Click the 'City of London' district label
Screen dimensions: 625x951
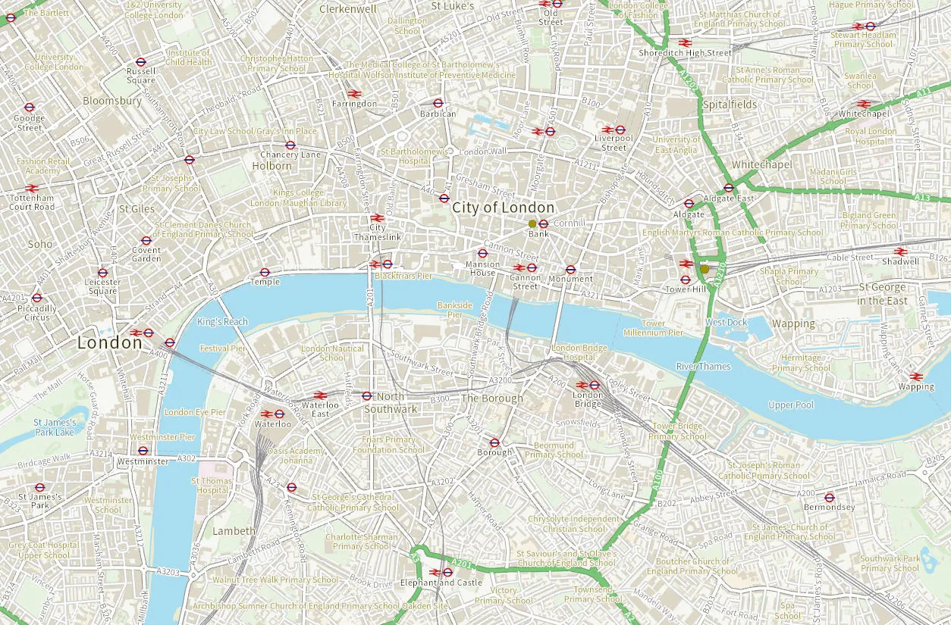pos(504,208)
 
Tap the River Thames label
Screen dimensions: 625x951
pos(704,367)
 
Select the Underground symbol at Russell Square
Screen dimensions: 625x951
pos(140,61)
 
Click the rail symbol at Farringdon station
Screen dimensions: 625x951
pos(354,94)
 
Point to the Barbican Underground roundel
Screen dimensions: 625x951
pos(438,103)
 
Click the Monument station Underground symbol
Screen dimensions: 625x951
pos(570,269)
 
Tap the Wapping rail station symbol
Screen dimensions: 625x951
pos(916,377)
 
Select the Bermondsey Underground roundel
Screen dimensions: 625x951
pos(829,498)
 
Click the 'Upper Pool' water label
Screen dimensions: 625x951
pos(791,405)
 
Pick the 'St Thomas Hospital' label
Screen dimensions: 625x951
pos(212,486)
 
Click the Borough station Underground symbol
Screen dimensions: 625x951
pos(494,442)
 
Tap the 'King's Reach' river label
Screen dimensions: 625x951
pos(222,322)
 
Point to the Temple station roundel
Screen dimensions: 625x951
pos(265,272)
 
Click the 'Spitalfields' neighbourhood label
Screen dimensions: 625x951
pos(730,105)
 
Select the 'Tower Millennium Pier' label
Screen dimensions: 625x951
pos(653,328)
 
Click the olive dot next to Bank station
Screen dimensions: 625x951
pos(532,223)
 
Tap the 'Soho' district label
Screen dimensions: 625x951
pos(40,244)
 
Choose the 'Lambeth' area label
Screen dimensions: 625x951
pos(234,531)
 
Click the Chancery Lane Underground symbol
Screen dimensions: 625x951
pos(290,145)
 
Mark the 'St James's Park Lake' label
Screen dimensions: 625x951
pos(55,427)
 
